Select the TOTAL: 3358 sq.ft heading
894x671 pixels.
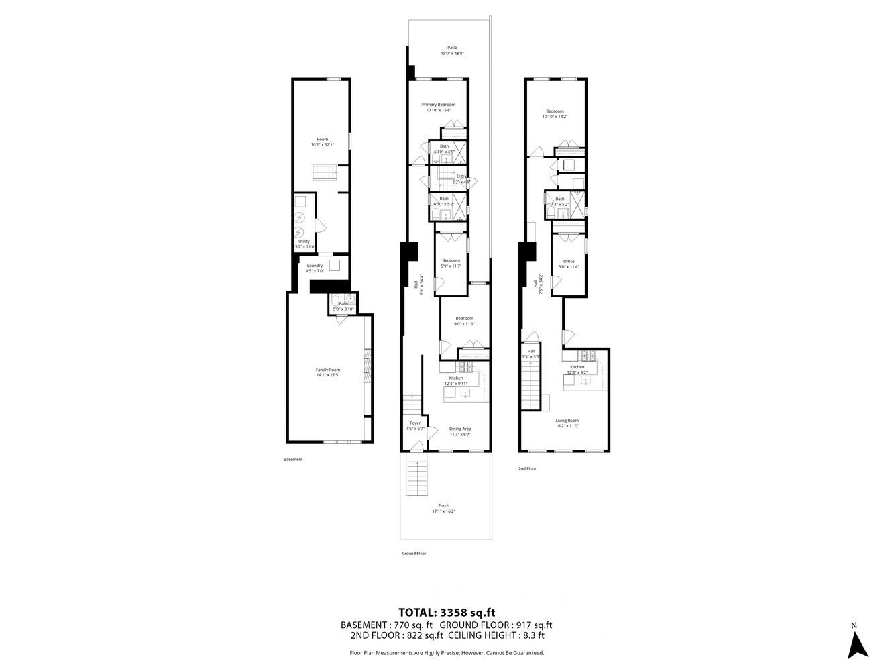447,612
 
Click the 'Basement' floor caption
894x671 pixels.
293,460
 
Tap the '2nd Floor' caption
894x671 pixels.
527,469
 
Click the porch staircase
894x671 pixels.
417,479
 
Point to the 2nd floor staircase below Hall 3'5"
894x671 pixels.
531,386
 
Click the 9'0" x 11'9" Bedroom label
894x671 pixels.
465,321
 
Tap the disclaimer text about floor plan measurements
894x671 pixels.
447,652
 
